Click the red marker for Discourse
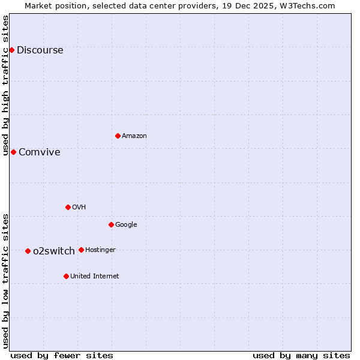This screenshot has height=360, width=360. [11, 50]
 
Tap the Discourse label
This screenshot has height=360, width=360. [40, 50]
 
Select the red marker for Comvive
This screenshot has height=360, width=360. [13, 152]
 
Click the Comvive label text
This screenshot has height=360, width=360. [39, 152]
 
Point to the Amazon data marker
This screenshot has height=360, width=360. [118, 136]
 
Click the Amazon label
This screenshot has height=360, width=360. [134, 136]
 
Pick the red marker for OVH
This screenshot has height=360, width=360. [68, 207]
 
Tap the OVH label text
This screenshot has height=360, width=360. [79, 208]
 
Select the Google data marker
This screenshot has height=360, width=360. [111, 224]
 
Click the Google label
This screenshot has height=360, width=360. [126, 225]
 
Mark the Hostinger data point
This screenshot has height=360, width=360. [81, 250]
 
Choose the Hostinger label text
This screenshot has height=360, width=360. [100, 250]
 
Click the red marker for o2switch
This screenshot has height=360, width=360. [28, 251]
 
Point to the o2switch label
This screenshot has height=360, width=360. [54, 251]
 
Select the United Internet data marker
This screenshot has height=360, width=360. [66, 276]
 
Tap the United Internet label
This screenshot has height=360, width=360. [94, 277]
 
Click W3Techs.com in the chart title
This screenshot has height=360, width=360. [310, 6]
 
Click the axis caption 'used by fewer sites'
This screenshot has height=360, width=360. [62, 355]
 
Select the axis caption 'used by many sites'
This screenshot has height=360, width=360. [301, 355]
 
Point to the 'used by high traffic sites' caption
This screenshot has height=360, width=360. [6, 85]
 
